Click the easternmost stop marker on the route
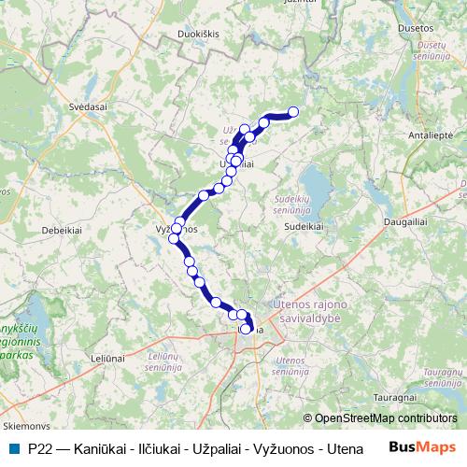(293, 112)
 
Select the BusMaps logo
(422, 448)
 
